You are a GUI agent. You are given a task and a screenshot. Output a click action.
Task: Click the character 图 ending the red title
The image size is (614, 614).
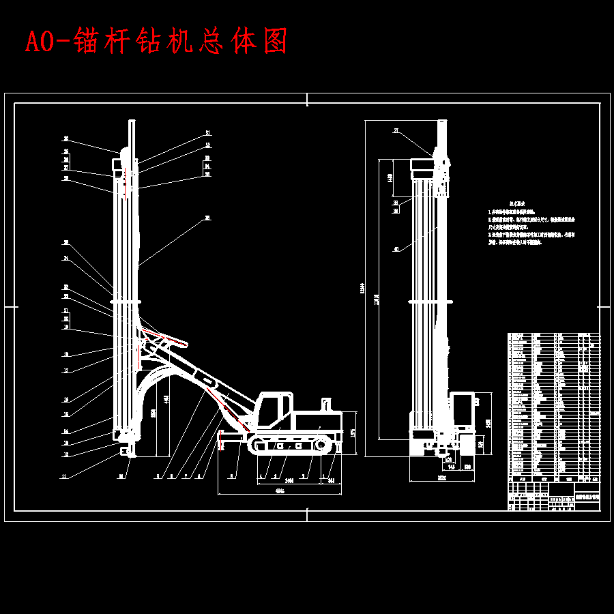(x=274, y=42)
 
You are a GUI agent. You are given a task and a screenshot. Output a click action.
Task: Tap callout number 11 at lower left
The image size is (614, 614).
(x=65, y=477)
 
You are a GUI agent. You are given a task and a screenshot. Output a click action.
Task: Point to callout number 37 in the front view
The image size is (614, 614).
(x=395, y=130)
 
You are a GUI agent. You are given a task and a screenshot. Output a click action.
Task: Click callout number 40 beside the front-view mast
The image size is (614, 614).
(x=396, y=249)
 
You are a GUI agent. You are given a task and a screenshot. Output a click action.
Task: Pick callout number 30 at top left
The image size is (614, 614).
(x=66, y=138)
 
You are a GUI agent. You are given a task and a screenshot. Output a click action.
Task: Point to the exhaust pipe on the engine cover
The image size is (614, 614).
(x=325, y=405)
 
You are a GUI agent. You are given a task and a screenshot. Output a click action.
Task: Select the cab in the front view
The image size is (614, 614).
(x=461, y=409)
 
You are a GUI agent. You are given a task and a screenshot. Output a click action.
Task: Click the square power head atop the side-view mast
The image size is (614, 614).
(x=117, y=164)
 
